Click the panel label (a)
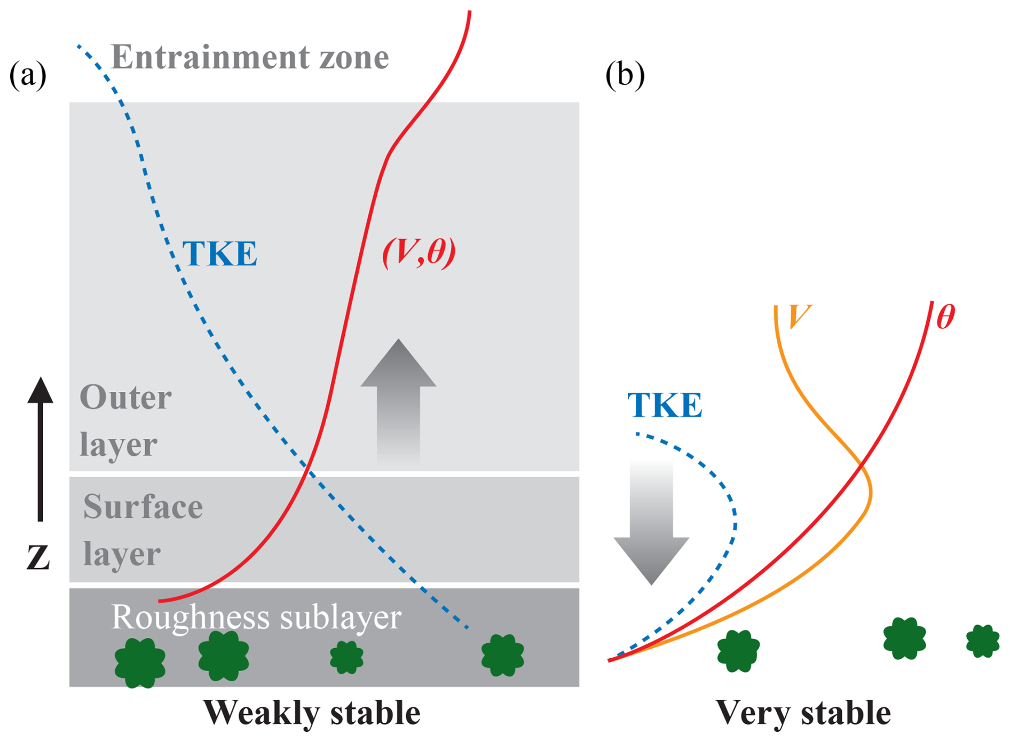(x=28, y=75)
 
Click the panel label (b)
(x=625, y=75)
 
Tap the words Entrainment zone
(x=249, y=57)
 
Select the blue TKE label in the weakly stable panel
(x=219, y=254)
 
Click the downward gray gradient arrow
(x=651, y=523)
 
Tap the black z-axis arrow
(x=40, y=448)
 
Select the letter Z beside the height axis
(x=38, y=557)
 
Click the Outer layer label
(x=125, y=421)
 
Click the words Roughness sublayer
(x=256, y=617)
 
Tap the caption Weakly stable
(x=312, y=713)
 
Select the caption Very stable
(x=803, y=713)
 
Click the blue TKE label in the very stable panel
(x=665, y=405)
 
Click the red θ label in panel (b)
(x=945, y=317)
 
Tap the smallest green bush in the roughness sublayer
(x=346, y=657)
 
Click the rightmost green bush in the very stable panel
(x=982, y=641)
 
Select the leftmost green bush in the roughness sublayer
(x=140, y=662)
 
